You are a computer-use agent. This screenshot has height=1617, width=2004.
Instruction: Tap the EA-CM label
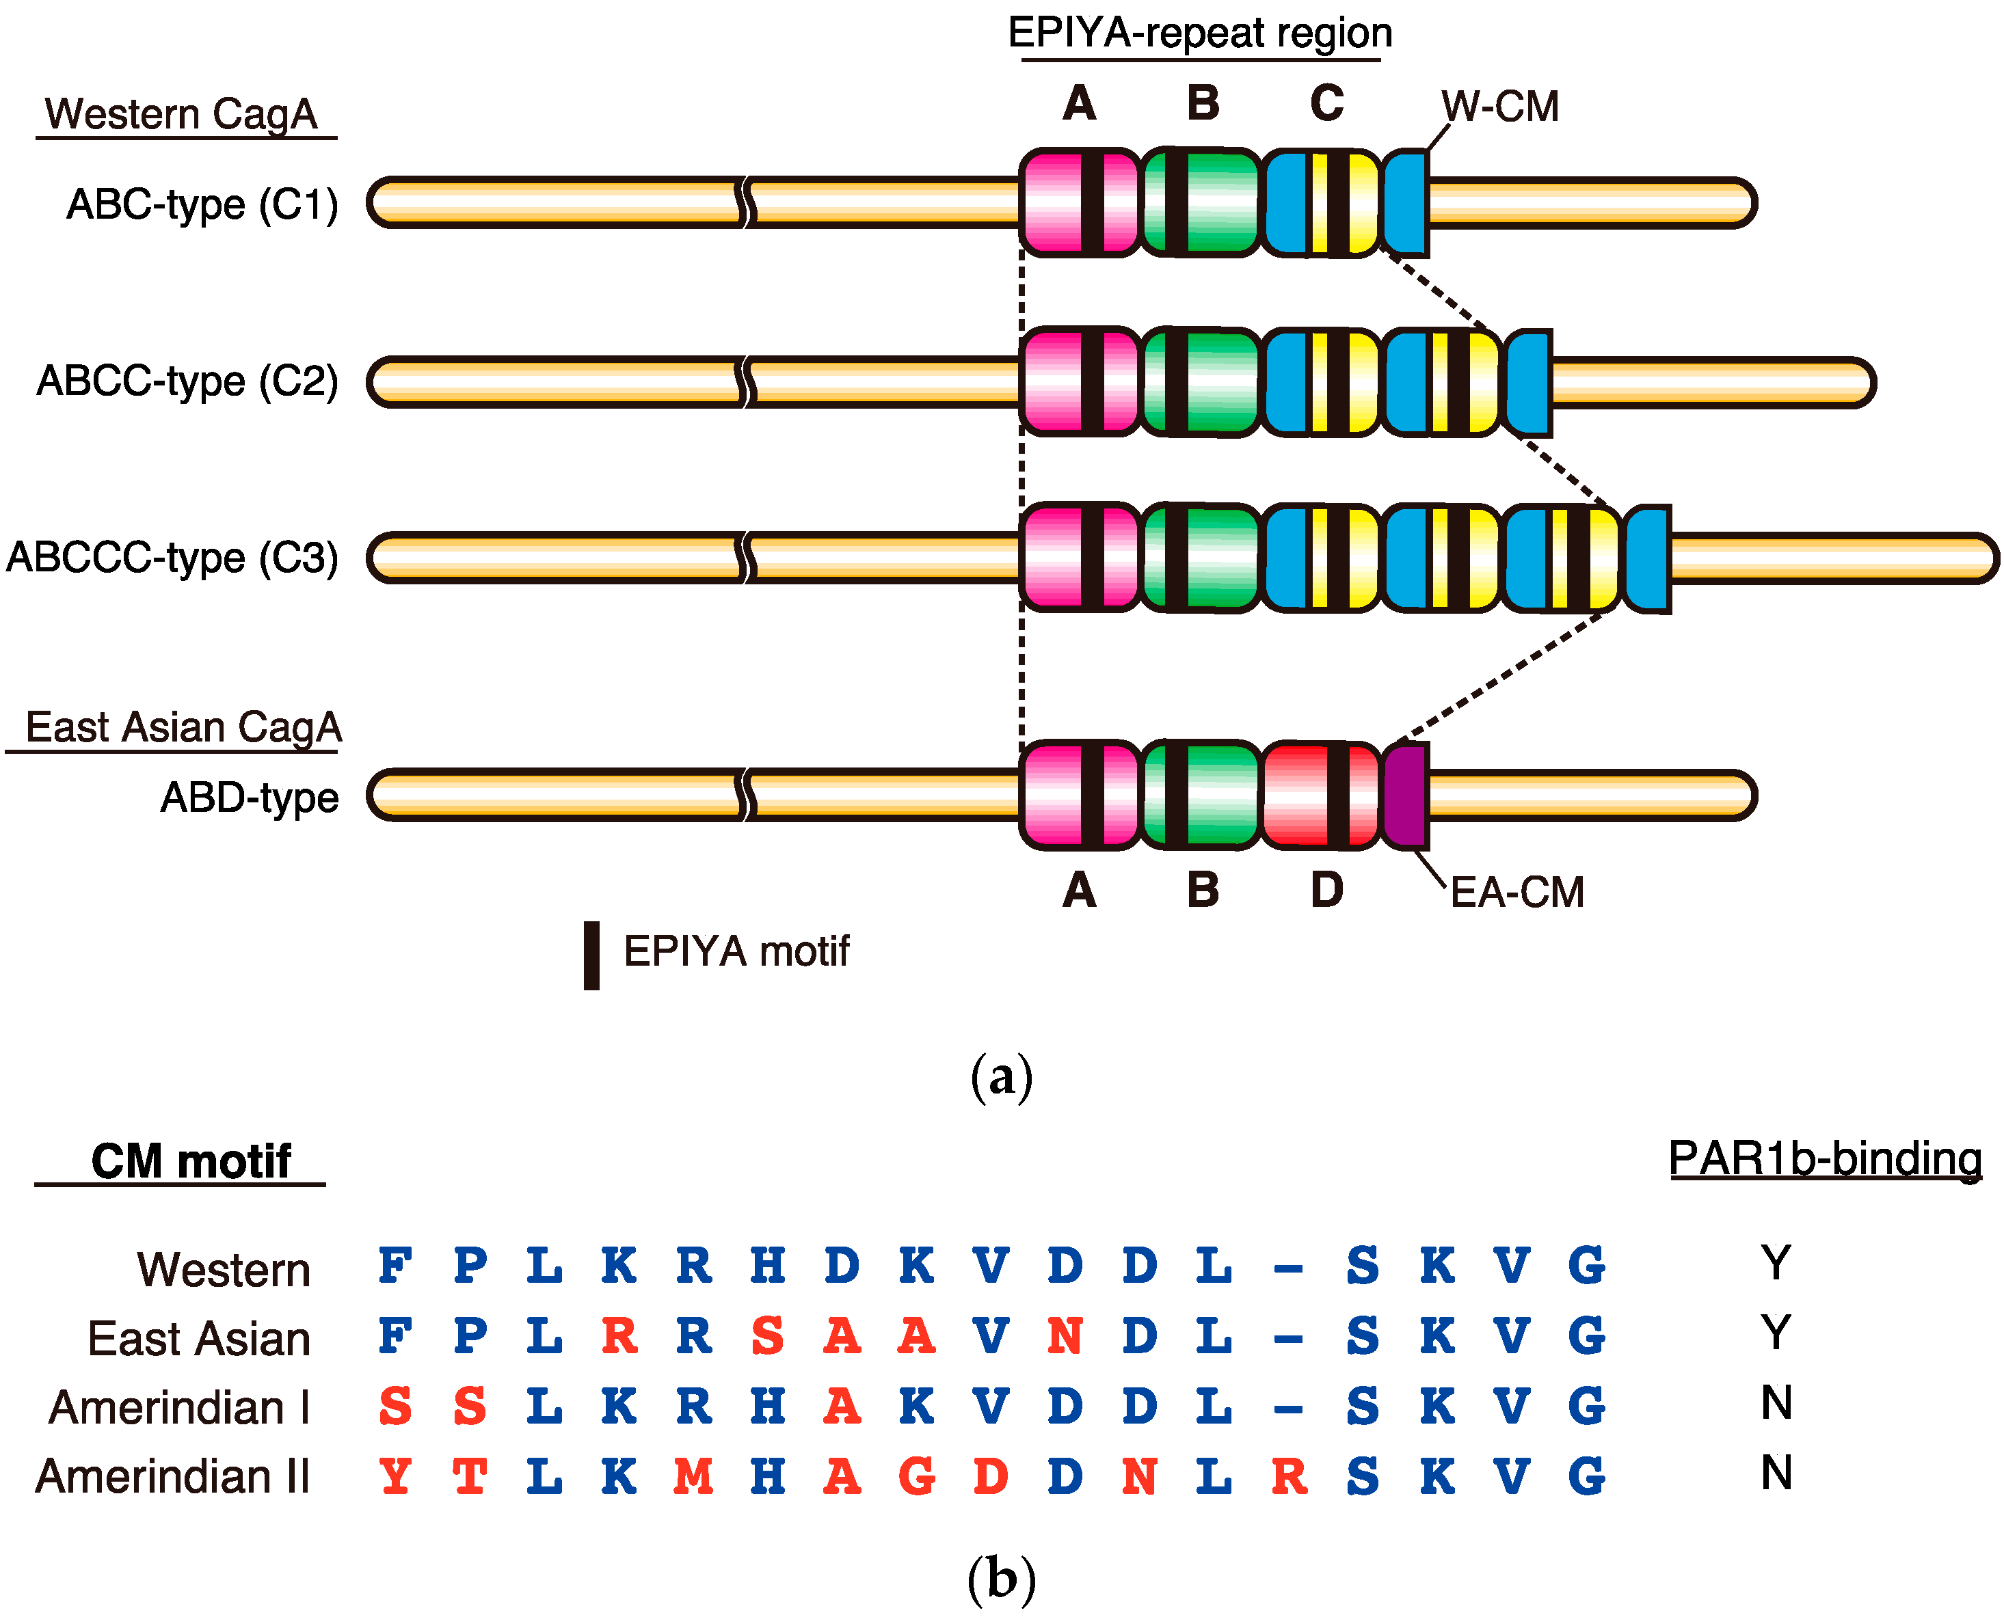(x=1517, y=893)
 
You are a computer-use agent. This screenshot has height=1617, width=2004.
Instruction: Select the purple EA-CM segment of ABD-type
(x=1406, y=796)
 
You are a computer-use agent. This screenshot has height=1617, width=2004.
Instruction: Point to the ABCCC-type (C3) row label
(x=172, y=558)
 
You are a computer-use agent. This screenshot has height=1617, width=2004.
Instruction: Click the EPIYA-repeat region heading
(x=1200, y=33)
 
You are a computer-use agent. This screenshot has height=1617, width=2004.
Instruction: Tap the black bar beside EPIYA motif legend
(x=591, y=955)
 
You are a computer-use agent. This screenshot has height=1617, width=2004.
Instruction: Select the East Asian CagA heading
(x=183, y=727)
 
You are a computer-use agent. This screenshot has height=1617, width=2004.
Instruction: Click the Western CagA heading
(x=183, y=115)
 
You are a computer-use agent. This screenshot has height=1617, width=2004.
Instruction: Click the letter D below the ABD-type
(x=1326, y=891)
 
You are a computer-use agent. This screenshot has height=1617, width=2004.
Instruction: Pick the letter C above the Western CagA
(x=1326, y=103)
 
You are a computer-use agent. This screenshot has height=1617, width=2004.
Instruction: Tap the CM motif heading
(x=191, y=1162)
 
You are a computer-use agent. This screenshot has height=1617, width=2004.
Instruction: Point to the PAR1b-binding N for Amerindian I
(x=1776, y=1403)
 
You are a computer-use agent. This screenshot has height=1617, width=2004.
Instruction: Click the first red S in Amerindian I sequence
(x=395, y=1407)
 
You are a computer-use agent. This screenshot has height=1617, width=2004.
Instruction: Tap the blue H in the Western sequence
(x=768, y=1266)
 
